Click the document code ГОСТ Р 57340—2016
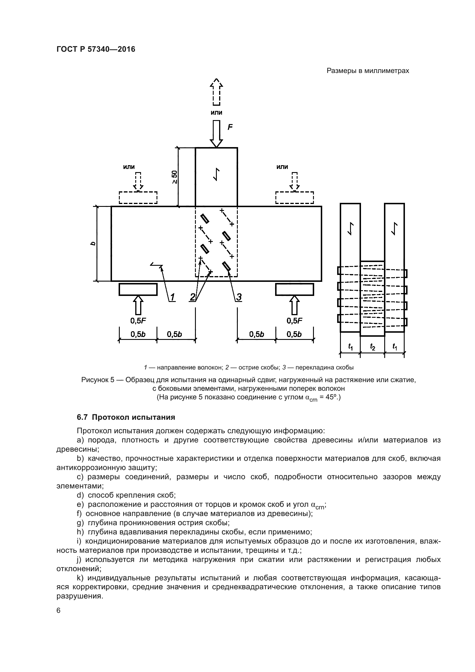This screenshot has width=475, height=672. pos(96,49)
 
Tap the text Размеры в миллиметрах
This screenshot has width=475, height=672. pos(368,71)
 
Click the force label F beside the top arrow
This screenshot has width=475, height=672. pos(230,127)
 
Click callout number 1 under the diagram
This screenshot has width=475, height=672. pos(172,297)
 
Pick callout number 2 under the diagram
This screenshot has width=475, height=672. pos(192,297)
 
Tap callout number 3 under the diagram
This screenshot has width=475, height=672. pos(239,297)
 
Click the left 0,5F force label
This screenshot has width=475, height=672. pos(138,321)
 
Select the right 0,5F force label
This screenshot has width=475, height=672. pos(294,321)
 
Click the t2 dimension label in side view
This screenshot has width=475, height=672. pos(372,347)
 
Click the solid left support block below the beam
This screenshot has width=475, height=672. pos(138,290)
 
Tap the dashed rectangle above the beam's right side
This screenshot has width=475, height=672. pos(294,198)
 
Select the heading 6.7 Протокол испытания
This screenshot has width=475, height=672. pos(126,417)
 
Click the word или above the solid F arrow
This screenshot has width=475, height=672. pos(217,113)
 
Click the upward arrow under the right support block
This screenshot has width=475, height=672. pos(294,305)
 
